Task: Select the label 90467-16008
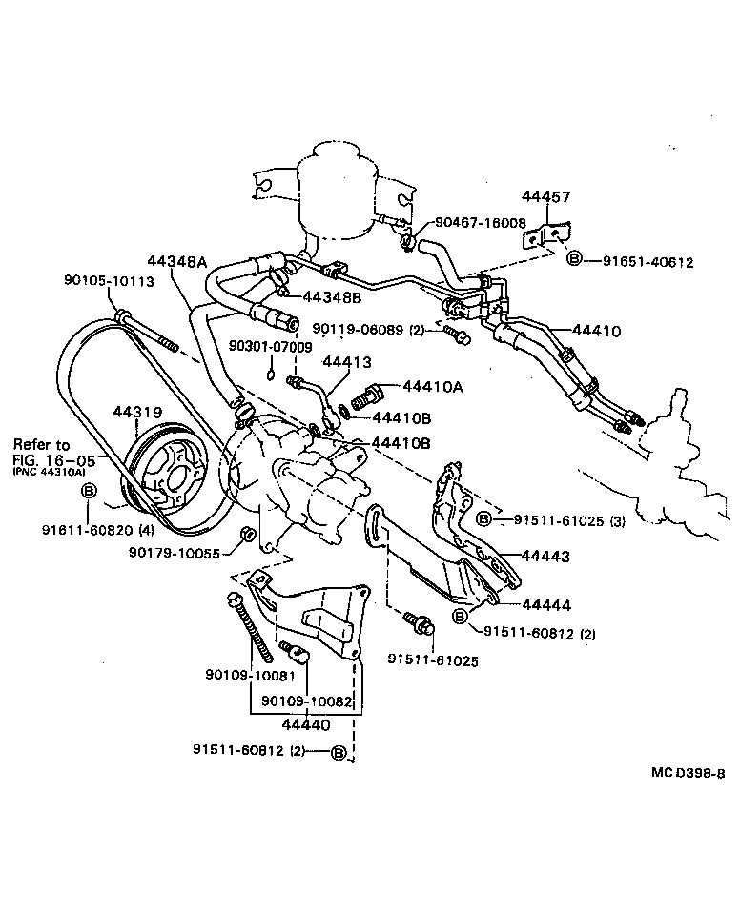[x=480, y=222]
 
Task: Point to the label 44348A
[x=177, y=260]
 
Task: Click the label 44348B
[x=333, y=297]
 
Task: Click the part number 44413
[x=346, y=362]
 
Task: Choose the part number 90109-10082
[x=307, y=700]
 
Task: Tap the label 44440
[x=304, y=724]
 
